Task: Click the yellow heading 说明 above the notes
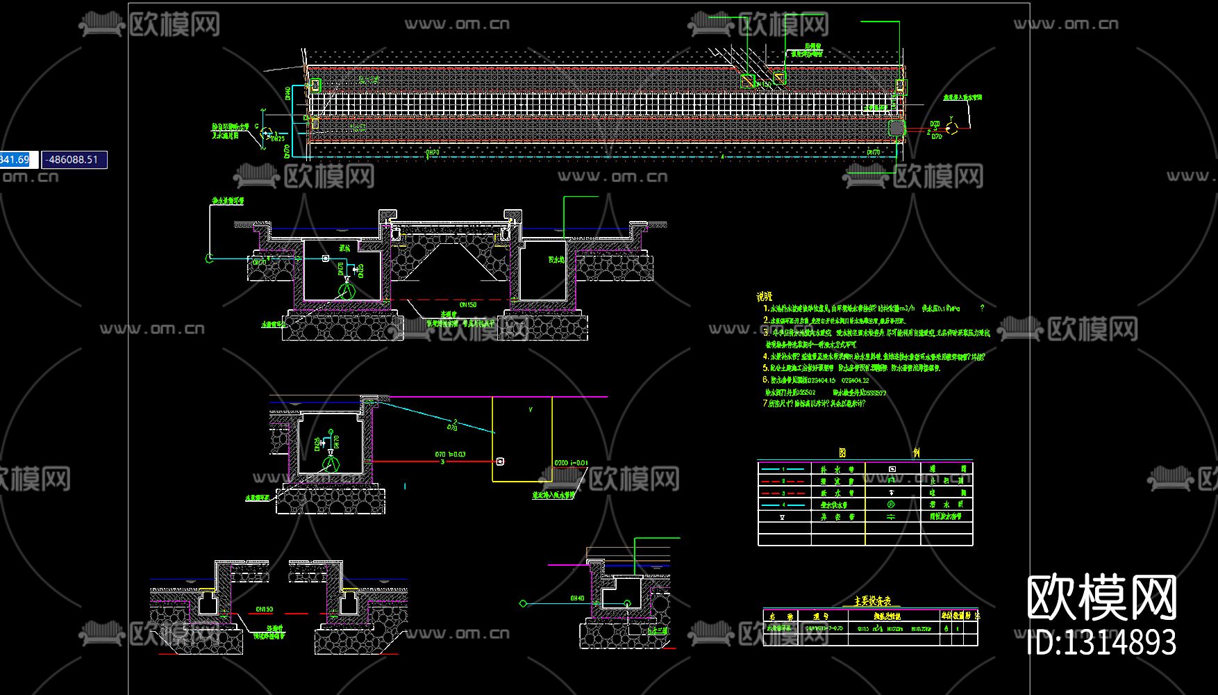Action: [764, 296]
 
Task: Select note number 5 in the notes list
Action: [766, 368]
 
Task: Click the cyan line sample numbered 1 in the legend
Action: [783, 470]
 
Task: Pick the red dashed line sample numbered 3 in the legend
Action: [783, 493]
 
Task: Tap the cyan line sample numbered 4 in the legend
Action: [783, 505]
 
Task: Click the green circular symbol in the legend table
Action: [892, 505]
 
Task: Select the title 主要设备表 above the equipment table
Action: [871, 601]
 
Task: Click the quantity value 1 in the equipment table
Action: [958, 628]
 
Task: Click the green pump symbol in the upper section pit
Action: [347, 288]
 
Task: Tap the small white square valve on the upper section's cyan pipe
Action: [325, 259]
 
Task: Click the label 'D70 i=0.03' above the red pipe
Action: [450, 455]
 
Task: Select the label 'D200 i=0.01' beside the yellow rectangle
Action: [571, 463]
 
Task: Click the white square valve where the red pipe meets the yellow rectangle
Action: [500, 461]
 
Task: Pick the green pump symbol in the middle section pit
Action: [331, 462]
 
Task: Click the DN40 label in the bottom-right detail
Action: [577, 598]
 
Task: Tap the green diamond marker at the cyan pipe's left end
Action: [523, 603]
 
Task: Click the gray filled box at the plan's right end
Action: [896, 128]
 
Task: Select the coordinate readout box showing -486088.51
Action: [74, 160]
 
